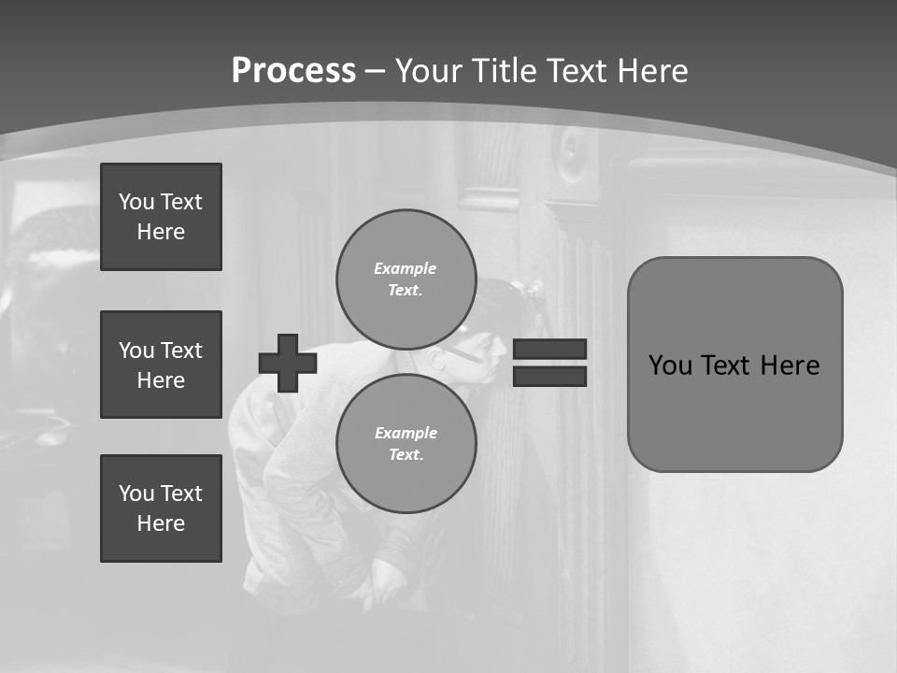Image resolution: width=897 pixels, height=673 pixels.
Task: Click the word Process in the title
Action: point(293,71)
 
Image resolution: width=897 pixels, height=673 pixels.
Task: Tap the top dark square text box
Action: point(161,217)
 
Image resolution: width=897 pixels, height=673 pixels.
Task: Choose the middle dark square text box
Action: point(161,365)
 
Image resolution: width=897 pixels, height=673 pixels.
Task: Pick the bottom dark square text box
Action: point(161,508)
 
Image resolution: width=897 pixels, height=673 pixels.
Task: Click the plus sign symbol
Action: point(287,363)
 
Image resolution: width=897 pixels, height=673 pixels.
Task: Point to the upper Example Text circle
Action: point(406,279)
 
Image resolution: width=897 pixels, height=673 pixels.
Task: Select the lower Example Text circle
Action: point(406,443)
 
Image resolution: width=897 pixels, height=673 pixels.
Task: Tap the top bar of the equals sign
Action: point(549,349)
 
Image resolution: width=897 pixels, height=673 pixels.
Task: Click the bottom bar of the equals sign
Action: point(549,376)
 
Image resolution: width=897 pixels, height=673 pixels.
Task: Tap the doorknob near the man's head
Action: point(535,292)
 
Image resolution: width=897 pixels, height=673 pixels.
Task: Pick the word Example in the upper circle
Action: point(406,268)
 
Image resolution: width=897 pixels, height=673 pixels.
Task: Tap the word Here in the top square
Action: point(161,232)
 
